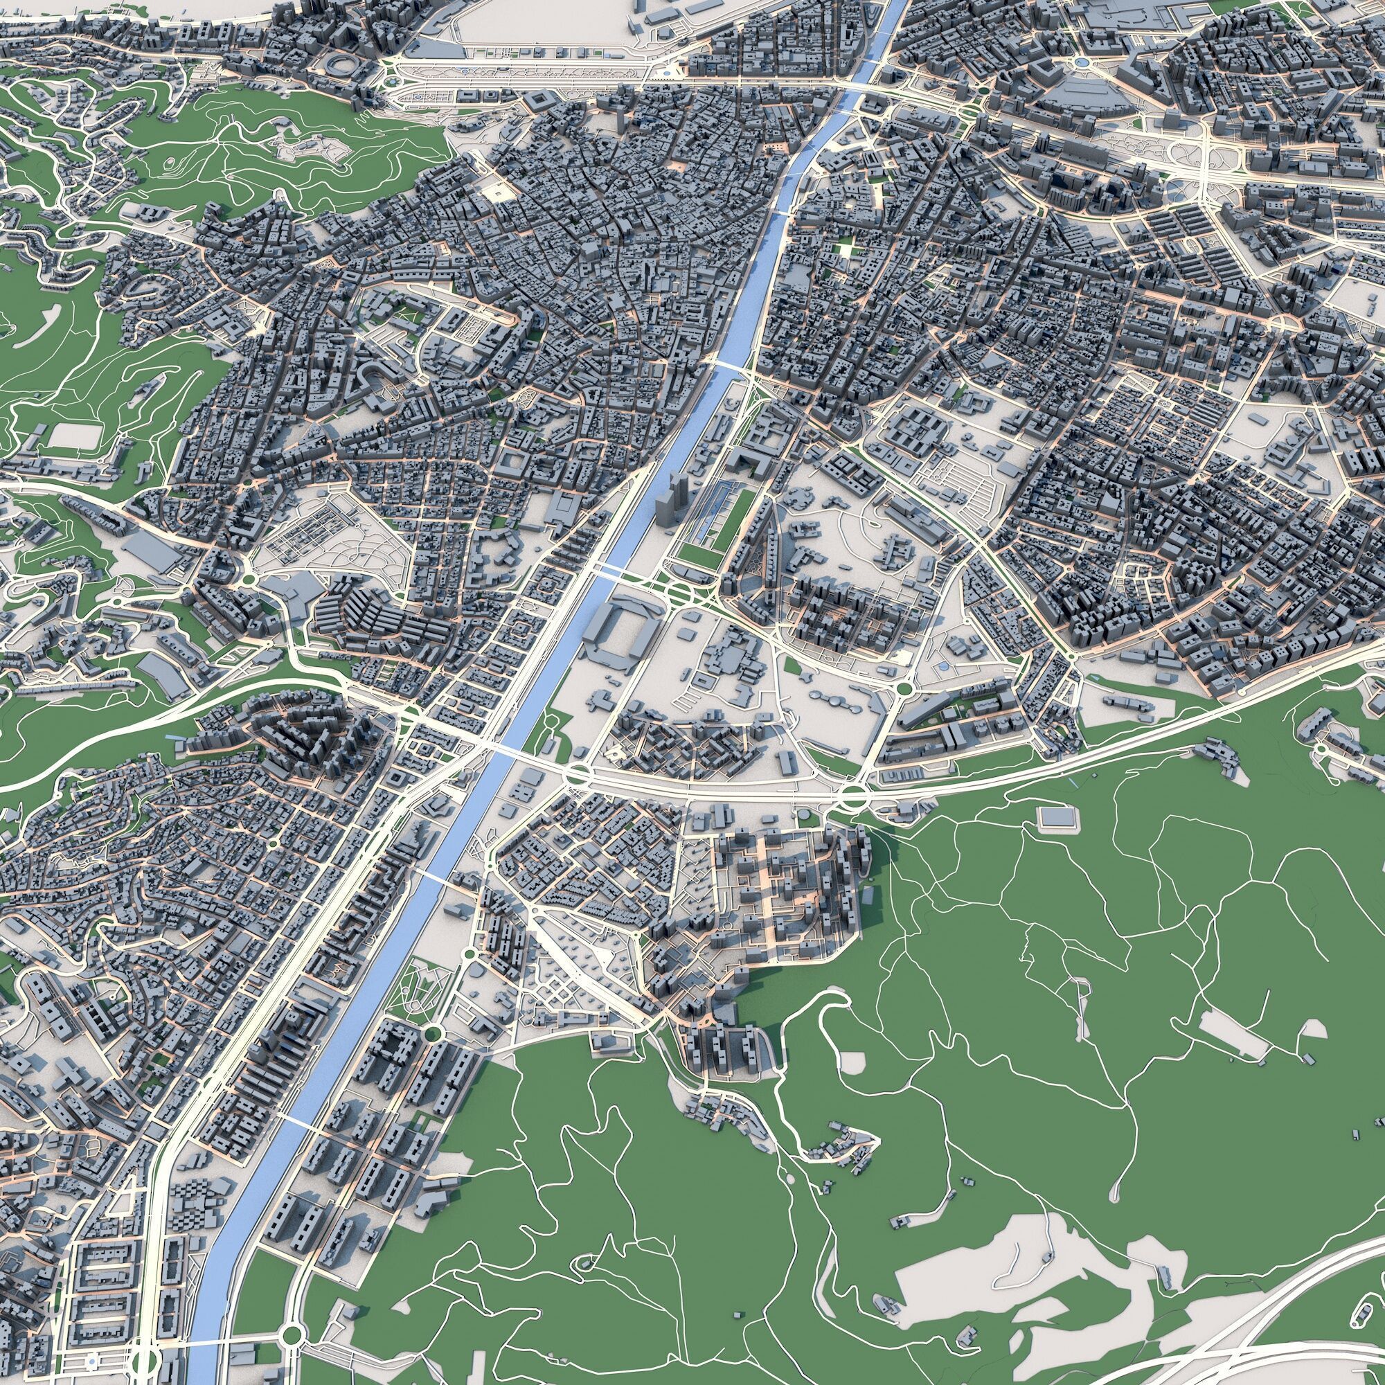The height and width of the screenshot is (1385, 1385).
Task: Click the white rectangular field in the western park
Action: pos(74,434)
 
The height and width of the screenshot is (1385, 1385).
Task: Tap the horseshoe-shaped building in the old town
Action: pos(372,375)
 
